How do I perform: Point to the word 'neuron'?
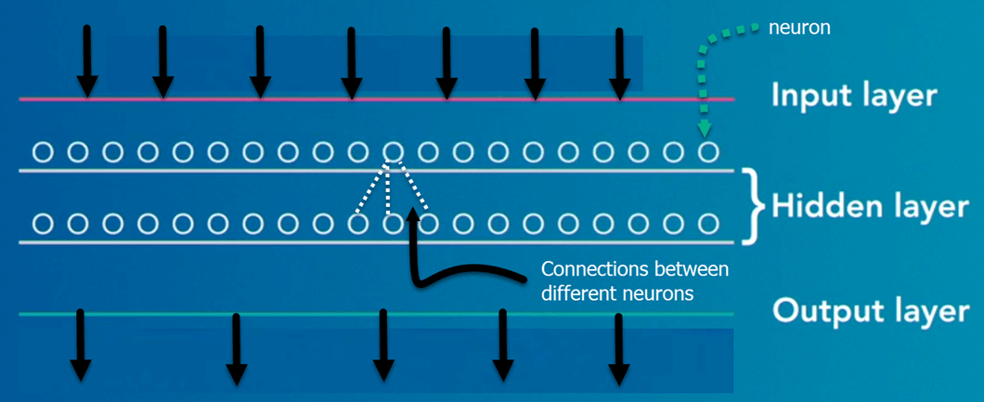click(x=799, y=28)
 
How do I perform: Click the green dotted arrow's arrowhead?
click(x=706, y=128)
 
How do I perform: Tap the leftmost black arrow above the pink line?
click(x=86, y=60)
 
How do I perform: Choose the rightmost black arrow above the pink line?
click(x=620, y=60)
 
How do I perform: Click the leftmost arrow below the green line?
click(x=81, y=344)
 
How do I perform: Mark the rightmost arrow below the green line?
click(x=618, y=344)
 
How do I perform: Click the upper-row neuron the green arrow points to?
click(x=708, y=150)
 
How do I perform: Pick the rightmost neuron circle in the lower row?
click(x=708, y=224)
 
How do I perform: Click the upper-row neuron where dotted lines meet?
click(x=394, y=150)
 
